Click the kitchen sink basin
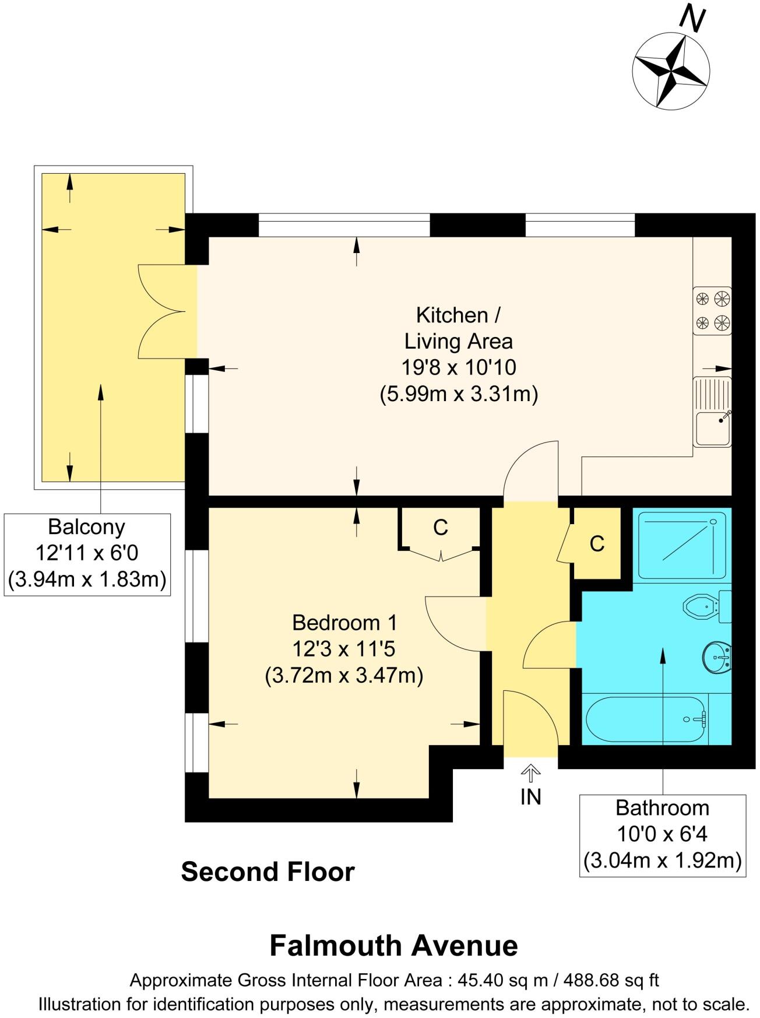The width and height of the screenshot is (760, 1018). click(712, 429)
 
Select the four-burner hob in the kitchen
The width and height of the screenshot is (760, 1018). click(712, 310)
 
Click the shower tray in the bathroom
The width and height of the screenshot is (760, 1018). click(682, 545)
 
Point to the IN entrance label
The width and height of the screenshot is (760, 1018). click(530, 797)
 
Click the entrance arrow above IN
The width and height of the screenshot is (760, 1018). click(530, 773)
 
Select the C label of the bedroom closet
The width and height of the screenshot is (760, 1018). click(441, 528)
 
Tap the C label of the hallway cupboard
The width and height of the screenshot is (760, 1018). click(597, 543)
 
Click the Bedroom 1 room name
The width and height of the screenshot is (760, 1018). click(344, 623)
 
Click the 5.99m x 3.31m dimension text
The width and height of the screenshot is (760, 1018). click(459, 394)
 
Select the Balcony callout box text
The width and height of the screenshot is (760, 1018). click(87, 553)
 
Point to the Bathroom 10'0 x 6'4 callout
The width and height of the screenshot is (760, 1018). click(662, 834)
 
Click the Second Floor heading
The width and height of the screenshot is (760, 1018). click(268, 872)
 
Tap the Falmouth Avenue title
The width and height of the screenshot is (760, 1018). click(393, 946)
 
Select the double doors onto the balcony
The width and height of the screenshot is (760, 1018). click(166, 311)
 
